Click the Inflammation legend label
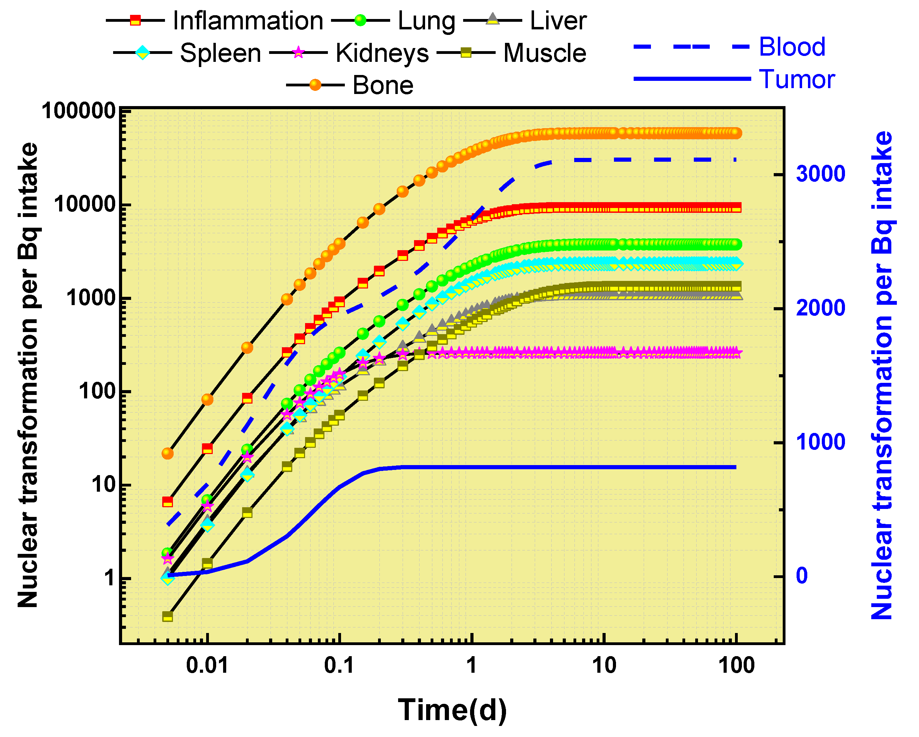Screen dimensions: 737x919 248,20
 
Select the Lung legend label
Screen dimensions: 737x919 426,20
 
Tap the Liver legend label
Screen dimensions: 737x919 558,20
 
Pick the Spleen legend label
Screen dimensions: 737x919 220,53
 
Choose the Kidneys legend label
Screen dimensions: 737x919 382,53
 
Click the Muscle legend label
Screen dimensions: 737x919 545,53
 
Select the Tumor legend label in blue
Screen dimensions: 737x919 797,79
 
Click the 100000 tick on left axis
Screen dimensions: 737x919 79,111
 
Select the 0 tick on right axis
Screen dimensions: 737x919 802,576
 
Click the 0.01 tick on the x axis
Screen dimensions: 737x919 207,665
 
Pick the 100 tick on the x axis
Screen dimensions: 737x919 736,665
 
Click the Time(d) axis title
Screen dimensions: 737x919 452,710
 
